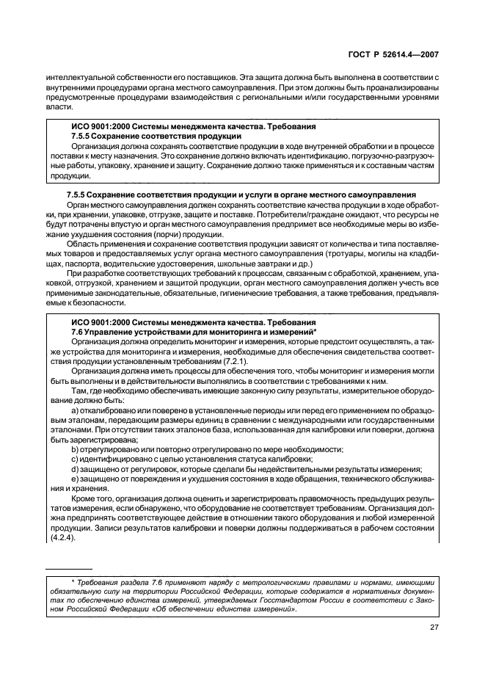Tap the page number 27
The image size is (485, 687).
(x=433, y=628)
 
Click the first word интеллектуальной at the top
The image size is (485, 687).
(x=76, y=76)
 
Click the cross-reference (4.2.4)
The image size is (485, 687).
(x=61, y=537)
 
